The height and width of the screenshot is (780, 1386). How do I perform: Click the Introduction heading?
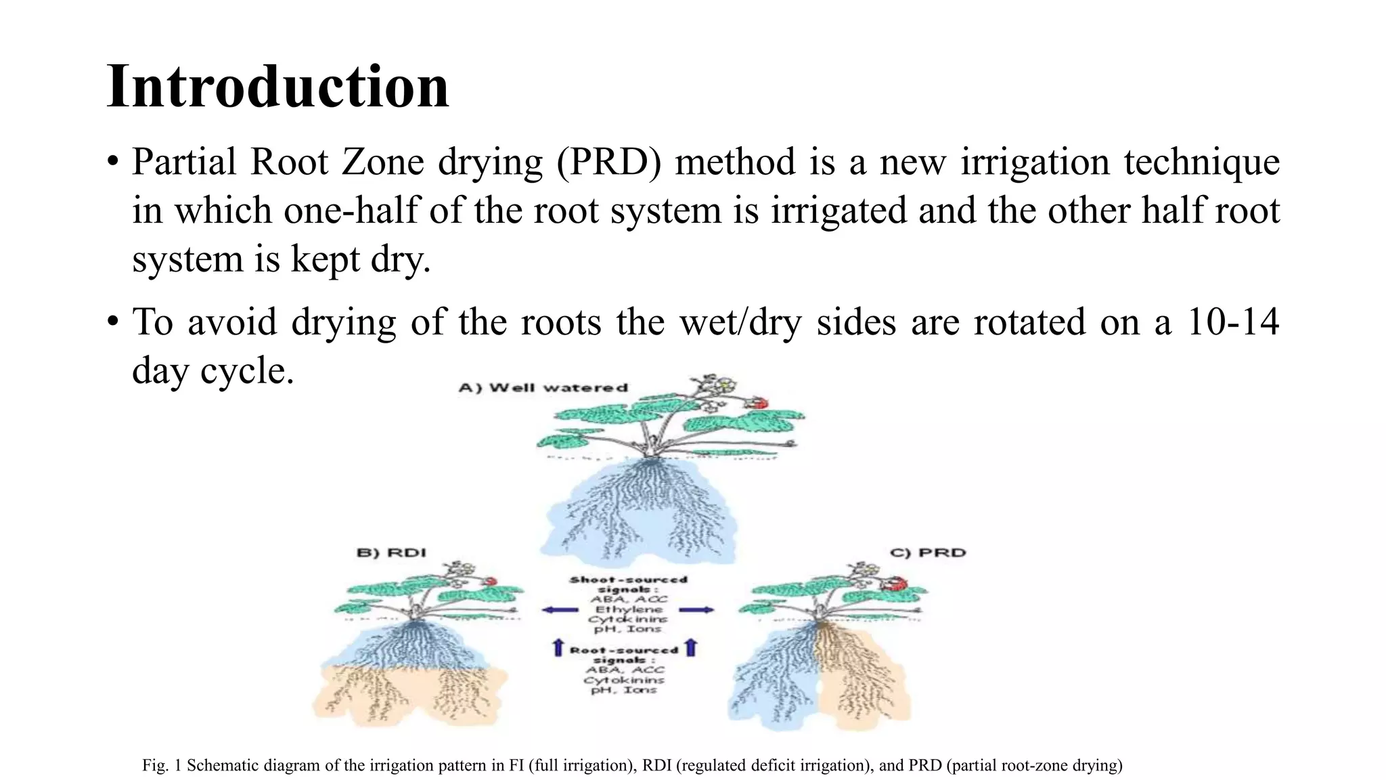[277, 87]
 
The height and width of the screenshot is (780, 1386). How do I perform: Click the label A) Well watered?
[543, 388]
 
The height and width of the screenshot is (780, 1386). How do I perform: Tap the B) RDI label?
[391, 552]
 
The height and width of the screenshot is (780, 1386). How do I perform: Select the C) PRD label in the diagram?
[928, 552]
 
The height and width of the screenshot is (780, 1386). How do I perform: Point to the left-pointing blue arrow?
[559, 610]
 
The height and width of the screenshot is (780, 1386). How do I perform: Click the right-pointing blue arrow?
[696, 610]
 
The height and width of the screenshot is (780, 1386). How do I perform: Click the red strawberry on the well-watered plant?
[759, 404]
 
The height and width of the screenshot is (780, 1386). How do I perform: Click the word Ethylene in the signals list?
[628, 609]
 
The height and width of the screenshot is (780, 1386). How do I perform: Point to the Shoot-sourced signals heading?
[628, 584]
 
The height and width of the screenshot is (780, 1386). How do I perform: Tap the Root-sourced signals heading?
[624, 655]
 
